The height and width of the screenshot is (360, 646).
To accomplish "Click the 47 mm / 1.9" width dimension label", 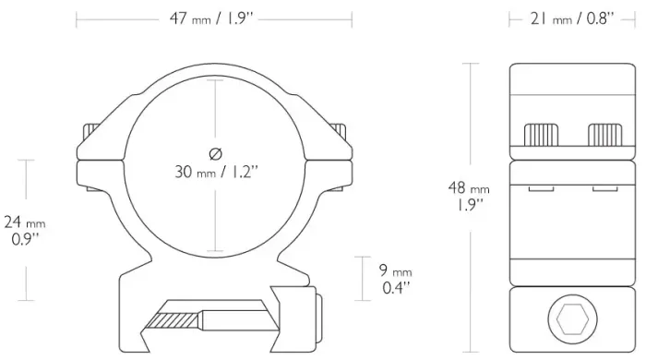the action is [210, 18].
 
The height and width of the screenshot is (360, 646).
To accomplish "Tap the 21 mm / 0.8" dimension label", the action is [572, 18].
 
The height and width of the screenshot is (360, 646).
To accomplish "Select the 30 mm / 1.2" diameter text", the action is [216, 172].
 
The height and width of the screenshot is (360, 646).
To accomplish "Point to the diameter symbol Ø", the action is [215, 154].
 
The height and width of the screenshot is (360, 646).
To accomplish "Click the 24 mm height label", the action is [25, 222].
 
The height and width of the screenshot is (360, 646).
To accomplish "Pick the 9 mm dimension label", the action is [396, 270].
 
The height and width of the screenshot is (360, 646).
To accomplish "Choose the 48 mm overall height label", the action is [469, 188].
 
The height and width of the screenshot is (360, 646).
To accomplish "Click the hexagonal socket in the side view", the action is [572, 318].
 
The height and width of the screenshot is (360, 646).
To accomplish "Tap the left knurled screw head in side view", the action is [541, 135].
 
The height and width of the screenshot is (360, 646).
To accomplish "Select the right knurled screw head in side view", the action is [605, 135].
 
